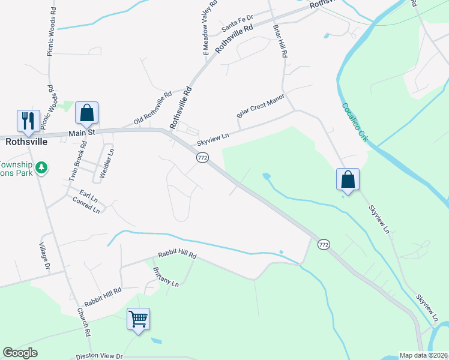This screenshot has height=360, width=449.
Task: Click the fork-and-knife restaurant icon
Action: coord(28,121)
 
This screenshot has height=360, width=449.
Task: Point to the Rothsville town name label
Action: coord(26,143)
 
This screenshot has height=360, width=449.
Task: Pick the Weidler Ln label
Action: coord(110,160)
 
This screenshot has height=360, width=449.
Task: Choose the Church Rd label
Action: coord(83,322)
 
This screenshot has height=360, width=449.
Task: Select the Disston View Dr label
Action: coord(99,356)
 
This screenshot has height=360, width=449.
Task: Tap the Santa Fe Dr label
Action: coord(238,25)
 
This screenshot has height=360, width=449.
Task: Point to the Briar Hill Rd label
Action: coord(280,41)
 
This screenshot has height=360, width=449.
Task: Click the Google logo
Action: coord(20,353)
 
